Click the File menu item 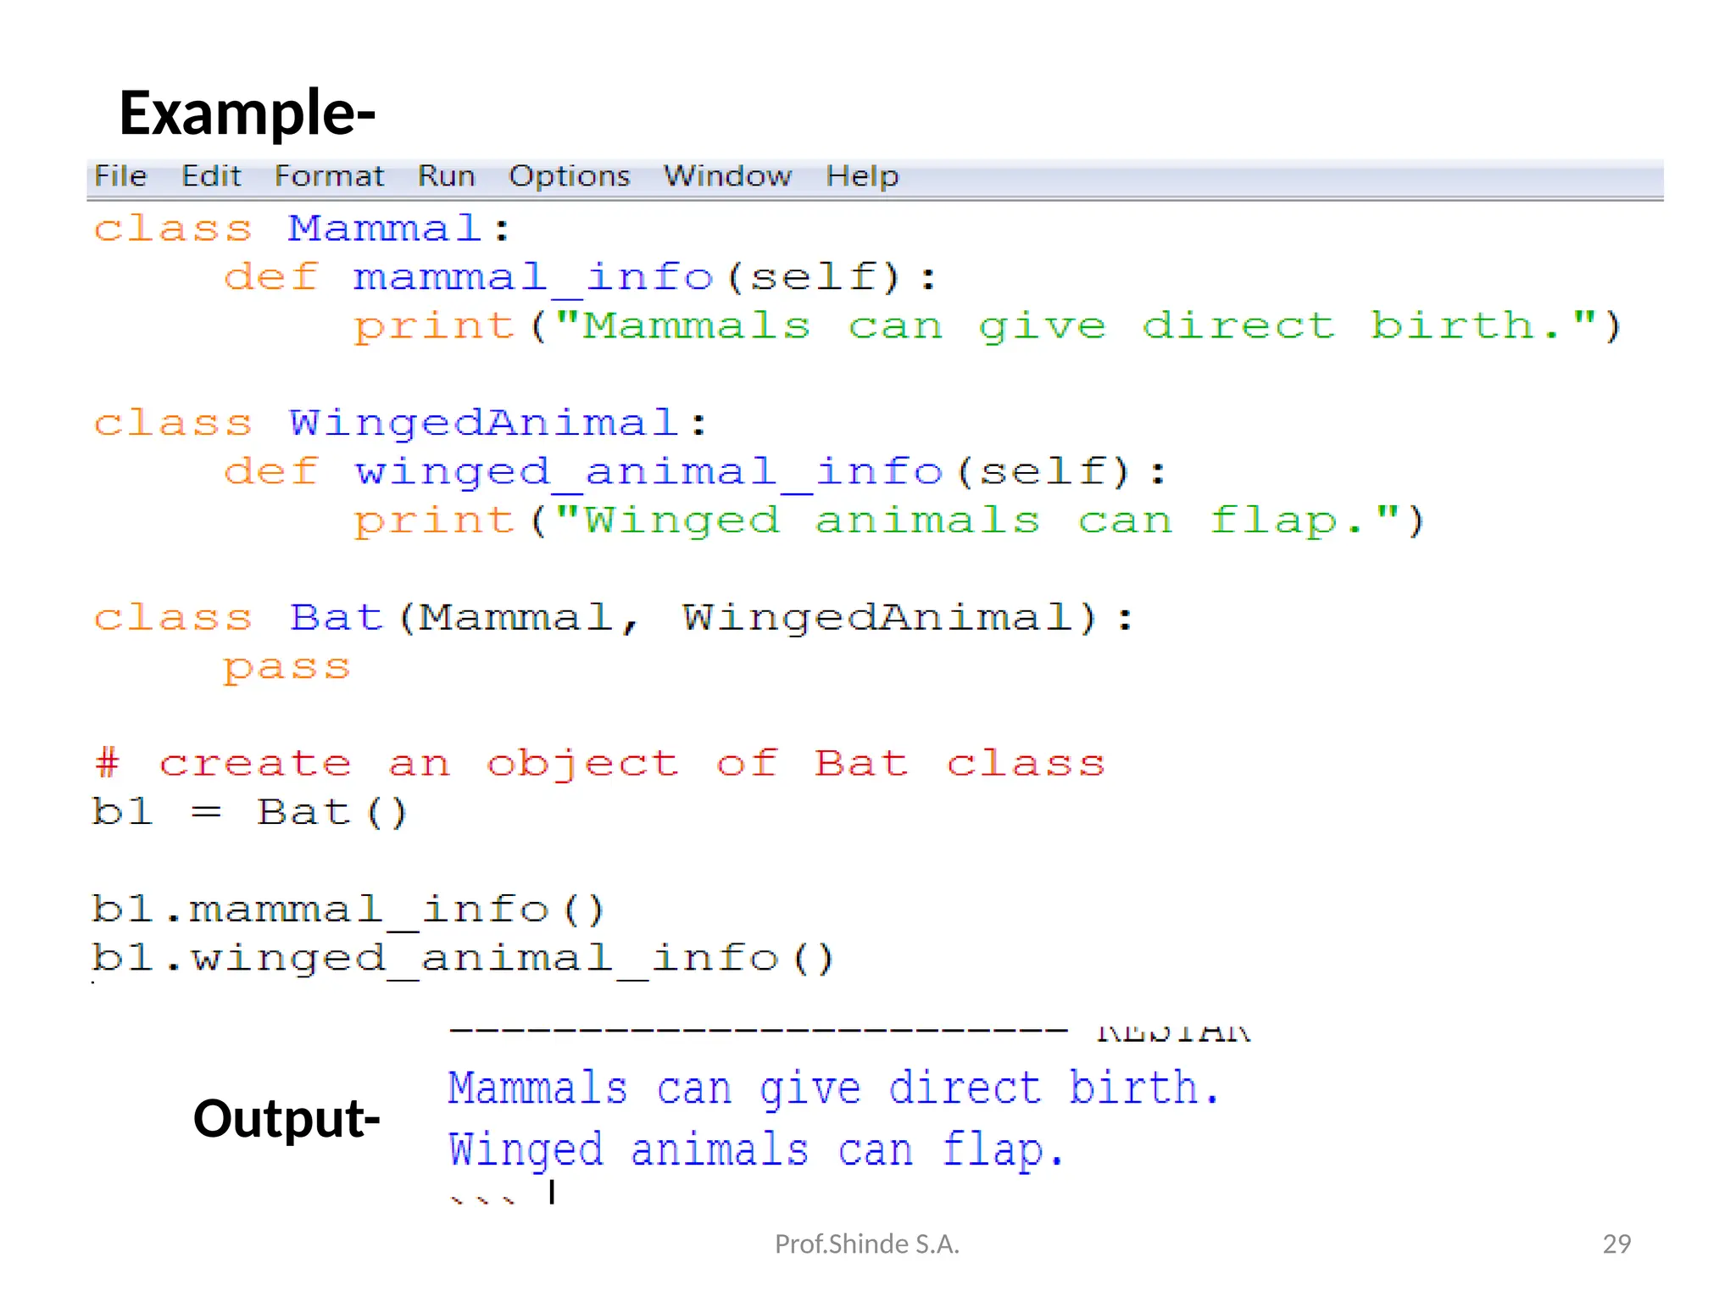click(120, 176)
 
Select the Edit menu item click(211, 176)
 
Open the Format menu click(329, 176)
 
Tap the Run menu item click(446, 176)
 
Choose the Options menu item click(569, 176)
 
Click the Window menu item click(727, 176)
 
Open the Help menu click(862, 176)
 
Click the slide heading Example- click(247, 113)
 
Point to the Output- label click(287, 1118)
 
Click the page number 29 click(1616, 1244)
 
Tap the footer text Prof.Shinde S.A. click(866, 1244)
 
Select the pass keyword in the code click(287, 668)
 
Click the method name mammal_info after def click(533, 278)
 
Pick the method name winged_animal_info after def click(648, 472)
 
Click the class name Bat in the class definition click(337, 618)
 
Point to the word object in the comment click(582, 765)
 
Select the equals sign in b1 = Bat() click(206, 813)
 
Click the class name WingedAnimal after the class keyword click(483, 423)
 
